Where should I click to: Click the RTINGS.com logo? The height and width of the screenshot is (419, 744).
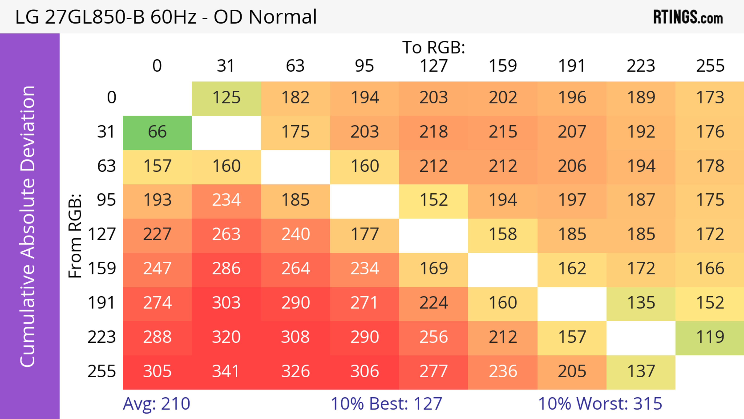pyautogui.click(x=688, y=17)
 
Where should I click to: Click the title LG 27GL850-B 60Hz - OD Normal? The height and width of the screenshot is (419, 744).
pyautogui.click(x=166, y=17)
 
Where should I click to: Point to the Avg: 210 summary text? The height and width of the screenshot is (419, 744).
pyautogui.click(x=157, y=404)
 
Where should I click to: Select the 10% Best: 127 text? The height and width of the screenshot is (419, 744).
pyautogui.click(x=387, y=404)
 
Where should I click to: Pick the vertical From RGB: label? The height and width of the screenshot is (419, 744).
pyautogui.click(x=75, y=236)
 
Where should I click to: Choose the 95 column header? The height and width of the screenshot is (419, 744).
pyautogui.click(x=364, y=66)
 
